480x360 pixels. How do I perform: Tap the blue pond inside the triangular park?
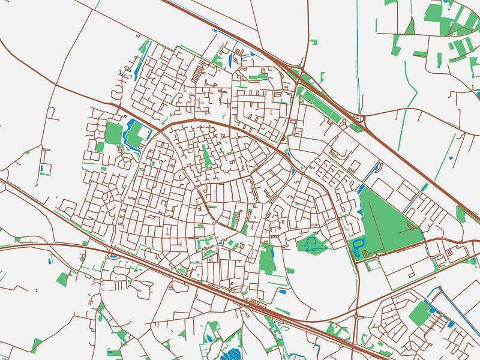click(x=359, y=246)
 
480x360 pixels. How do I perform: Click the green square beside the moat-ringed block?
click(x=113, y=133)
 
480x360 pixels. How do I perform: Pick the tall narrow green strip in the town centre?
click(x=206, y=155)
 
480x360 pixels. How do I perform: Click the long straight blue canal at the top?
click(x=358, y=54)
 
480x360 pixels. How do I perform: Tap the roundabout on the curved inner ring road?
click(x=195, y=120)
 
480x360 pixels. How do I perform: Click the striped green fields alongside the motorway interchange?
click(x=324, y=102)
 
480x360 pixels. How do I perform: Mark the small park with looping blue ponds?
click(x=312, y=244)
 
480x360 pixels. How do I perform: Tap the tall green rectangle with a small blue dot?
click(x=267, y=259)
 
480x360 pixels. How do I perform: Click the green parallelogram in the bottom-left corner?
click(x=36, y=345)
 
